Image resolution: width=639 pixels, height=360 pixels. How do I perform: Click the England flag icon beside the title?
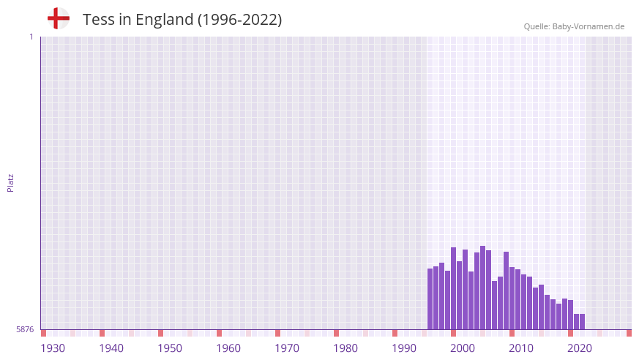click(58, 19)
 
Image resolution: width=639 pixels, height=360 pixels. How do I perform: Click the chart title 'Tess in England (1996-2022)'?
click(182, 20)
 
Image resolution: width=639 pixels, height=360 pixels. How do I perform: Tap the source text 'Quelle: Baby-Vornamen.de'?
click(574, 26)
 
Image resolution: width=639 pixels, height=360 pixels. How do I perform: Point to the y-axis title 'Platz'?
click(10, 182)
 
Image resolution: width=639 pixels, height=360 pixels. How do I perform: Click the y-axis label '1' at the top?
click(31, 37)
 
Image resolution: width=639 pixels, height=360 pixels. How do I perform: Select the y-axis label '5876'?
click(25, 330)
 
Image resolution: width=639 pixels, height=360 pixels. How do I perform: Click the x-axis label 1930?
click(53, 348)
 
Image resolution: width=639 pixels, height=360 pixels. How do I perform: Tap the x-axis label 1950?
click(170, 348)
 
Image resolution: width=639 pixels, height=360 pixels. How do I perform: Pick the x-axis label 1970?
click(287, 348)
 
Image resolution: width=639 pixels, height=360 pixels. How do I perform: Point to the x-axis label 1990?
click(404, 348)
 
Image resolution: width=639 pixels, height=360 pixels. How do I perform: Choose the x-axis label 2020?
click(580, 348)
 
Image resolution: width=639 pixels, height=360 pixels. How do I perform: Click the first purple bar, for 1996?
click(430, 299)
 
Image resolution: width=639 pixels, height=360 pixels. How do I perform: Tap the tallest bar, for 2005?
click(483, 288)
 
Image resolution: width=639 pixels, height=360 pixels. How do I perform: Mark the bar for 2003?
click(471, 301)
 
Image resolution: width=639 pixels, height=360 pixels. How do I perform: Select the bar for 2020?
click(571, 315)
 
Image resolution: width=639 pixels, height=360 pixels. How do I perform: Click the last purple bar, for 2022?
click(583, 322)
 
